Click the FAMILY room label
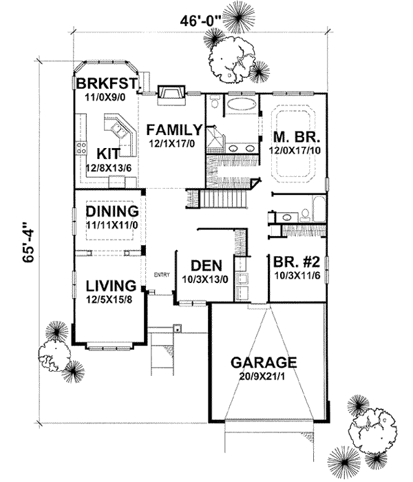pyautogui.click(x=173, y=129)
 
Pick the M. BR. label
pyautogui.click(x=293, y=136)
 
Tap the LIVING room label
pyautogui.click(x=110, y=285)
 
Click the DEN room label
pyautogui.click(x=205, y=264)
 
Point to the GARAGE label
pyautogui.click(x=264, y=362)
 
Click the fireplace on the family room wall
pyautogui.click(x=168, y=94)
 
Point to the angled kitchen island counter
pyautogui.click(x=116, y=129)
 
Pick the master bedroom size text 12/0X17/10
pyautogui.click(x=293, y=148)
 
